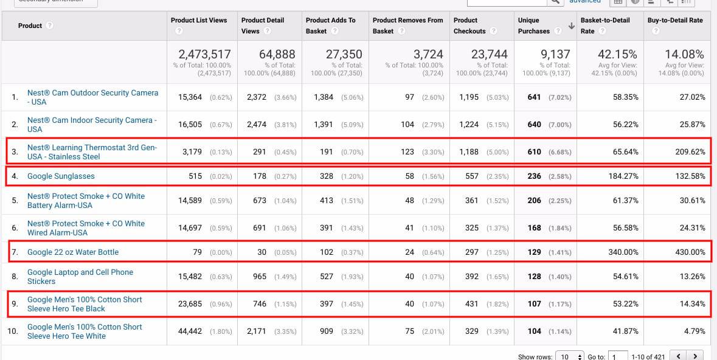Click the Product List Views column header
[x=199, y=20]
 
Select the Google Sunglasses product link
[x=61, y=176]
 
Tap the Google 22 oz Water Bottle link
[x=73, y=252]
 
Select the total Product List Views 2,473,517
[x=203, y=55]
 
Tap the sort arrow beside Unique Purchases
[x=571, y=26]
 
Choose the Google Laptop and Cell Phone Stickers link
[x=80, y=277]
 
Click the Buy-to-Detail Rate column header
[x=675, y=20]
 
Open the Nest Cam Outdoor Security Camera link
[x=92, y=97]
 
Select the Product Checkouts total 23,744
[x=489, y=55]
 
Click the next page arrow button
[x=694, y=356]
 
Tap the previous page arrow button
[x=678, y=356]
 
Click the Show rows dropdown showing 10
[x=570, y=356]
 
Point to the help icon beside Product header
[x=49, y=26]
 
